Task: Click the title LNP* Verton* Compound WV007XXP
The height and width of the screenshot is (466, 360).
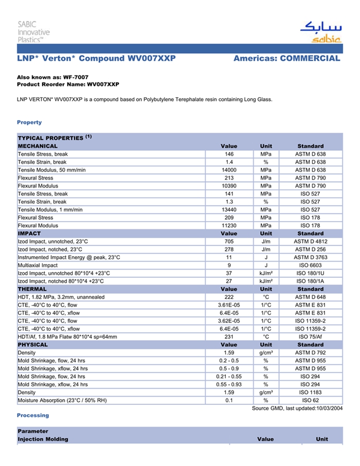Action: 97,58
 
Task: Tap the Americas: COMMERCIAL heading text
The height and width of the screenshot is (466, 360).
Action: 286,58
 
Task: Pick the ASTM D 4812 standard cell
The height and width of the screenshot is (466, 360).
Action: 310,241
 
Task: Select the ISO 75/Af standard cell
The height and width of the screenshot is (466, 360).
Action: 310,337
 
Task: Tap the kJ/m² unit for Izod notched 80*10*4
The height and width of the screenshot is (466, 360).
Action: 266,281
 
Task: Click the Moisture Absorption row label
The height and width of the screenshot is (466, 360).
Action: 56,400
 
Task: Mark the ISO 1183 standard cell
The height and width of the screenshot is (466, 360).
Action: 310,392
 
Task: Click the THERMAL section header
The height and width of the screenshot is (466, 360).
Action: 33,289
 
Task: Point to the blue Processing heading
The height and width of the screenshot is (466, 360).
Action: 33,415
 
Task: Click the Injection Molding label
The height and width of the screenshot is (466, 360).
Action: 43,439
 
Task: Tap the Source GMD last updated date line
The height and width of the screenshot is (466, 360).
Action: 297,408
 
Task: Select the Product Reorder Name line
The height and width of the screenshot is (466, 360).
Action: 68,84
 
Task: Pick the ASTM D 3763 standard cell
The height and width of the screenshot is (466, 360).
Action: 310,257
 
